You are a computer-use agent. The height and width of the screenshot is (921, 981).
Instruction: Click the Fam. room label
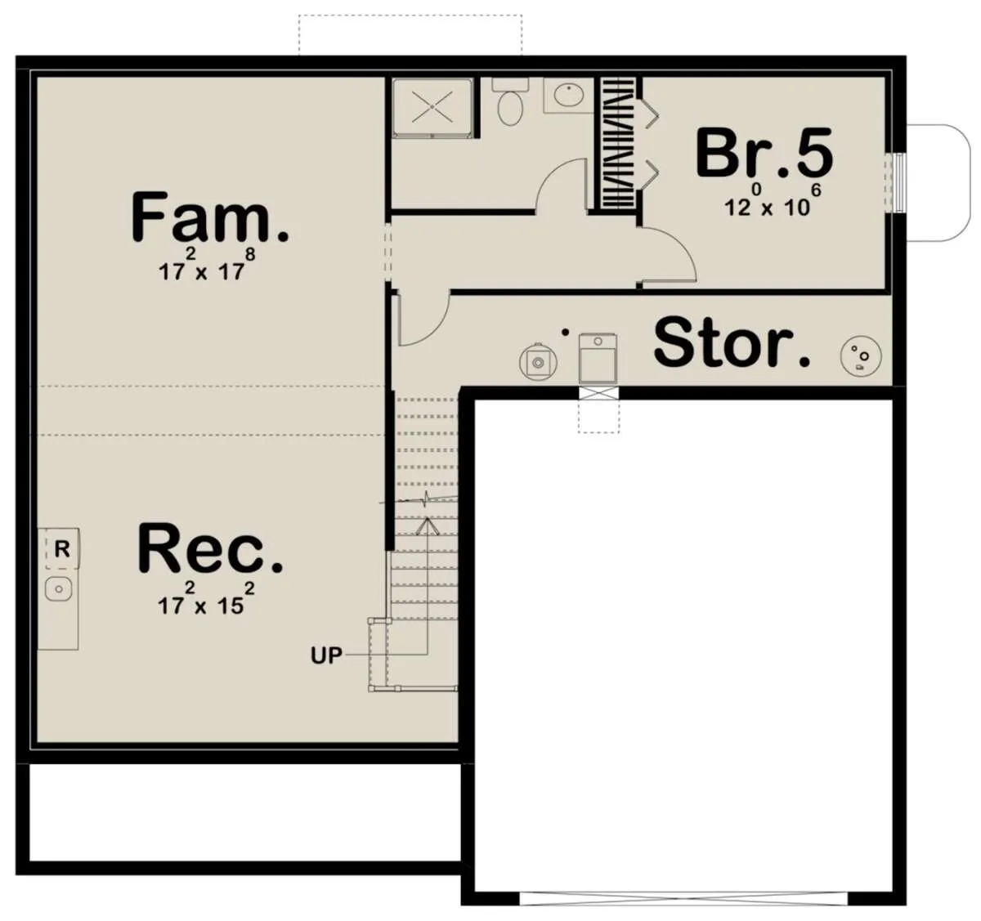[x=210, y=217]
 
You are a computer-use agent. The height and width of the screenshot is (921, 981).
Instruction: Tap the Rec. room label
[x=210, y=548]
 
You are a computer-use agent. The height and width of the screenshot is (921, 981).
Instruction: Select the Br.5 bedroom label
[x=764, y=153]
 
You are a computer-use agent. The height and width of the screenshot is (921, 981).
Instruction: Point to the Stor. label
[x=732, y=342]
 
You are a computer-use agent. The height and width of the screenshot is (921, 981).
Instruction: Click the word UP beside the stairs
[x=326, y=655]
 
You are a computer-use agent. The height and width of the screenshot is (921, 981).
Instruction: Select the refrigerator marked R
[x=59, y=548]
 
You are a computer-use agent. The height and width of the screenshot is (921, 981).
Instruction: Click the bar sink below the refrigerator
[x=58, y=589]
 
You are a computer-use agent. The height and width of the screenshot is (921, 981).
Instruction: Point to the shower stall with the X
[x=432, y=107]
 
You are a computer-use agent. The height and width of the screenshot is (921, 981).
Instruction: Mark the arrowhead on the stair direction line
[x=428, y=526]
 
